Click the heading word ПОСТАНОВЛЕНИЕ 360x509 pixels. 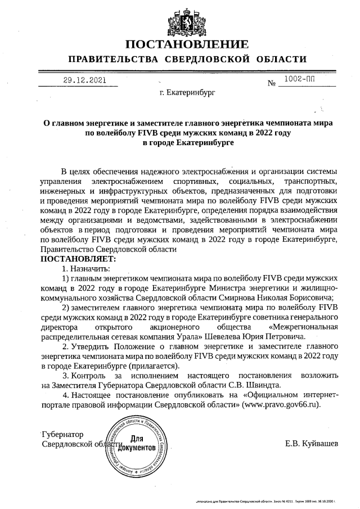point(186,44)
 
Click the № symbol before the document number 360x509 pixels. point(272,84)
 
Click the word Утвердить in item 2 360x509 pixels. point(92,346)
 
